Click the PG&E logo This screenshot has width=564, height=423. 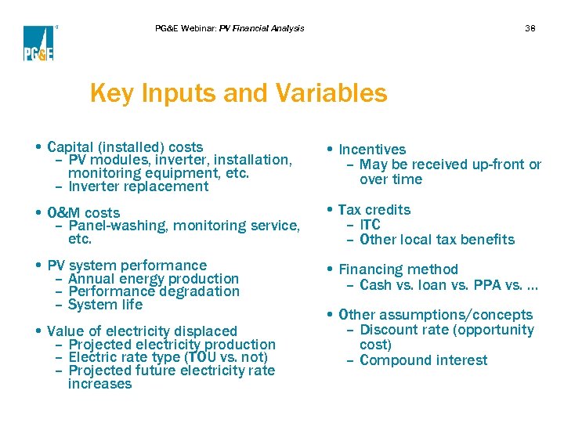(38, 43)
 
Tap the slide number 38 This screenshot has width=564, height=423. (530, 28)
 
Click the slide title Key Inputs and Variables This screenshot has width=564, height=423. (238, 93)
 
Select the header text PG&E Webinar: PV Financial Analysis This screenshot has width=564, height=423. (230, 28)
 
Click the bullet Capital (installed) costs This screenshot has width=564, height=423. (125, 146)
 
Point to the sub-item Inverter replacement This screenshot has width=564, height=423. (139, 186)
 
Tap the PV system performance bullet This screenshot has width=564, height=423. (127, 266)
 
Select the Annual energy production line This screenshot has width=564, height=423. (154, 278)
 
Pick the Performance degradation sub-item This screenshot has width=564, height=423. (154, 291)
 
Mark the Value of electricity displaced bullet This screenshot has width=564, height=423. (142, 331)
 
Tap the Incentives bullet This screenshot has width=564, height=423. (372, 150)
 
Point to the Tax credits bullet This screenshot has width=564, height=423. (374, 210)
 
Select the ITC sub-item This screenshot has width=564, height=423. (370, 225)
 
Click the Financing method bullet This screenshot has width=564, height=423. (398, 270)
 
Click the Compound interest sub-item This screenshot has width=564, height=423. (423, 360)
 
